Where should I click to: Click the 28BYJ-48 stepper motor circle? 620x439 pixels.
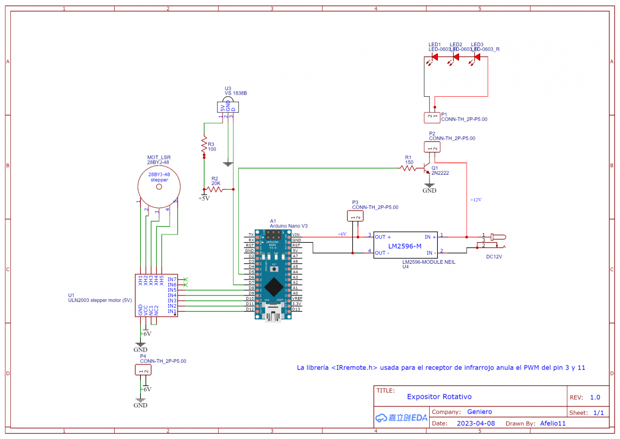pyautogui.click(x=159, y=187)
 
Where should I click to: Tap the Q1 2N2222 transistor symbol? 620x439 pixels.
pyautogui.click(x=429, y=169)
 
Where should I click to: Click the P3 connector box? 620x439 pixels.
pyautogui.click(x=355, y=216)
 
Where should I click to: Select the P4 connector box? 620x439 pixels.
pyautogui.click(x=142, y=370)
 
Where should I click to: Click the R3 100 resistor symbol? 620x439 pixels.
pyautogui.click(x=204, y=145)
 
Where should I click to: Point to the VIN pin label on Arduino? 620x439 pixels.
pyautogui.click(x=296, y=234)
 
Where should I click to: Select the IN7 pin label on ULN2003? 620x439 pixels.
pyautogui.click(x=172, y=279)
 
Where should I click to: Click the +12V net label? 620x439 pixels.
pyautogui.click(x=476, y=200)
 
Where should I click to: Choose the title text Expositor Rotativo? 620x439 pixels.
pyautogui.click(x=439, y=397)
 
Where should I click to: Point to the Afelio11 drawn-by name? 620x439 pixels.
pyautogui.click(x=553, y=423)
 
